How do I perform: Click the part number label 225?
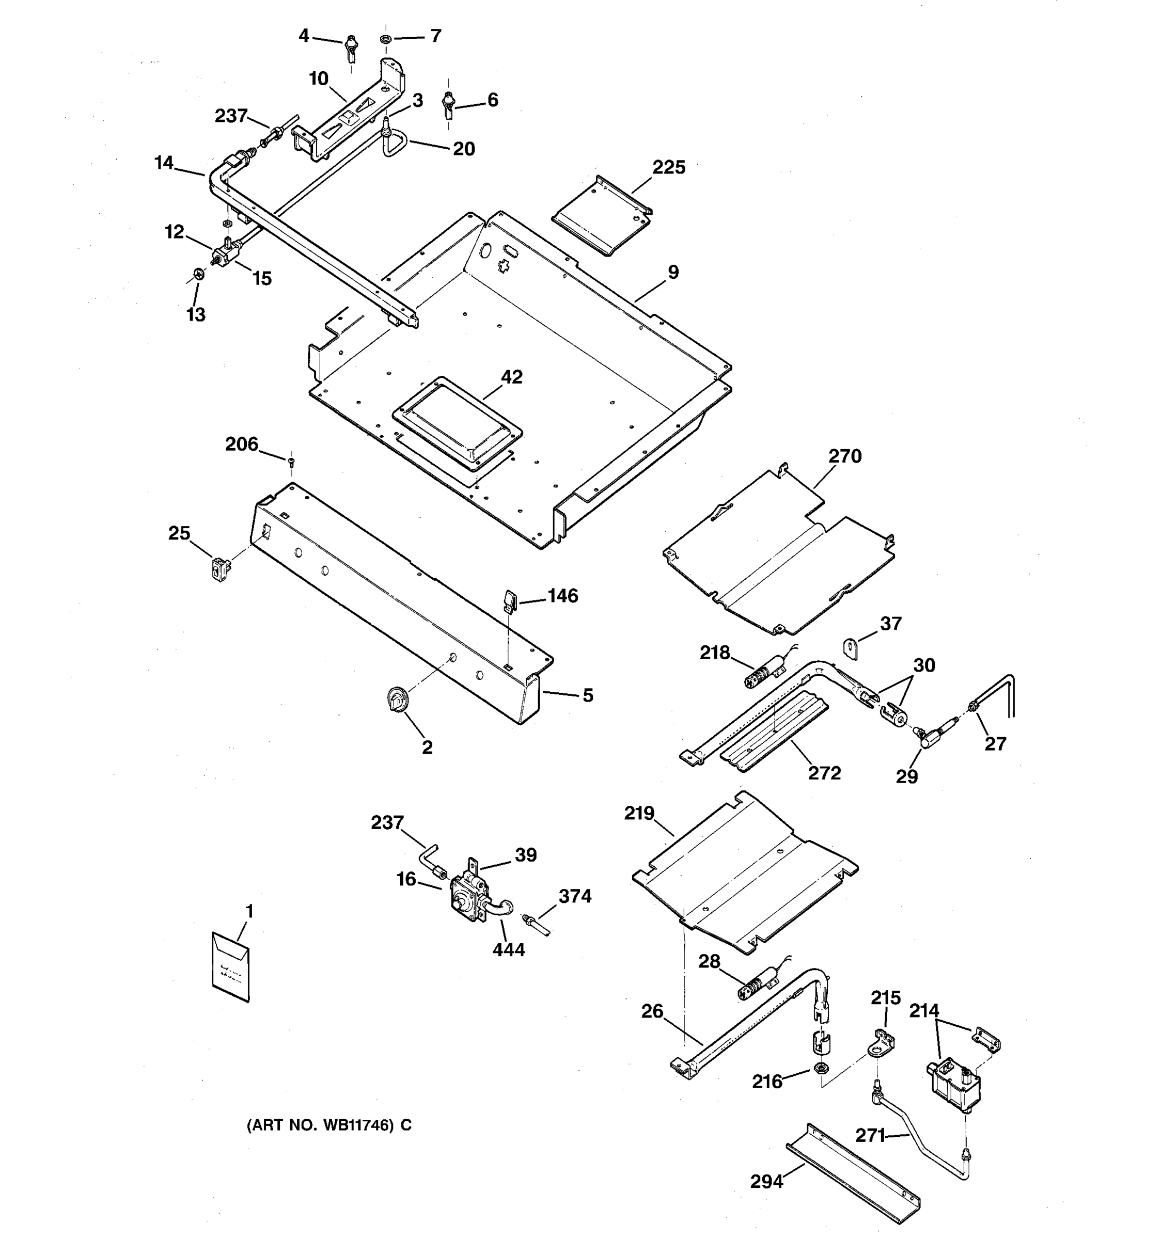point(668,168)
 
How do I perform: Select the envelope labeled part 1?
point(231,966)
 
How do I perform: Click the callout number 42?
point(512,377)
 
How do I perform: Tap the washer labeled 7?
point(385,40)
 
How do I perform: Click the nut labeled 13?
point(199,274)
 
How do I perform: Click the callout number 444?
point(509,950)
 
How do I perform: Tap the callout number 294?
point(766,1181)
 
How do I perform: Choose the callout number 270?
point(845,456)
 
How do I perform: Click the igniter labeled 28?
point(756,987)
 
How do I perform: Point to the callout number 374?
point(575,896)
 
